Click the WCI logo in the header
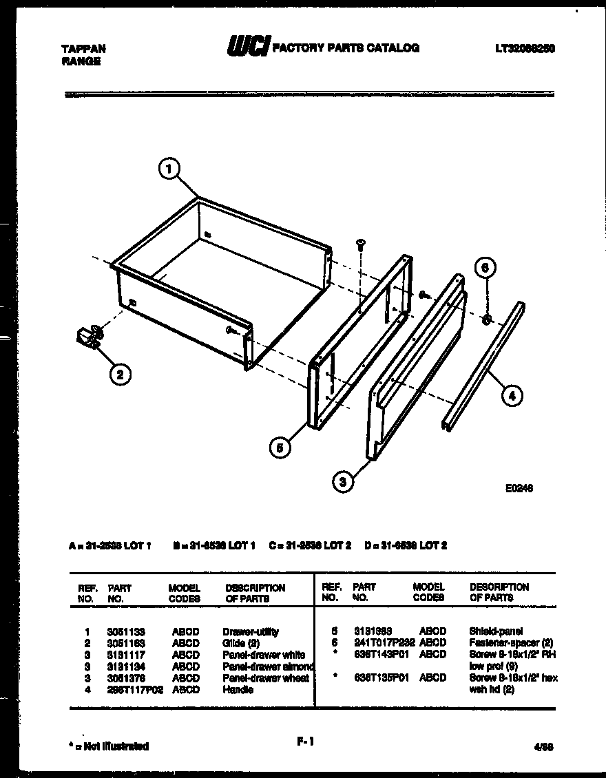tap(249, 47)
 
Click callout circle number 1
tap(169, 169)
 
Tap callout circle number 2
tap(120, 375)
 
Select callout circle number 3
tap(343, 482)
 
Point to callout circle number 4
tap(511, 395)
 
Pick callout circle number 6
tap(485, 268)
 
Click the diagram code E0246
tap(519, 488)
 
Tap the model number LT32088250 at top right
tap(525, 48)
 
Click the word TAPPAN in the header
tap(84, 49)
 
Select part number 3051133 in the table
tap(126, 631)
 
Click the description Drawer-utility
tap(251, 631)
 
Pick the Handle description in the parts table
tap(238, 690)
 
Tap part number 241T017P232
tap(384, 643)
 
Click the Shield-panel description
tap(495, 631)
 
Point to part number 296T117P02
tap(135, 690)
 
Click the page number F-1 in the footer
tap(306, 742)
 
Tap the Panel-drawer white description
tap(264, 655)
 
